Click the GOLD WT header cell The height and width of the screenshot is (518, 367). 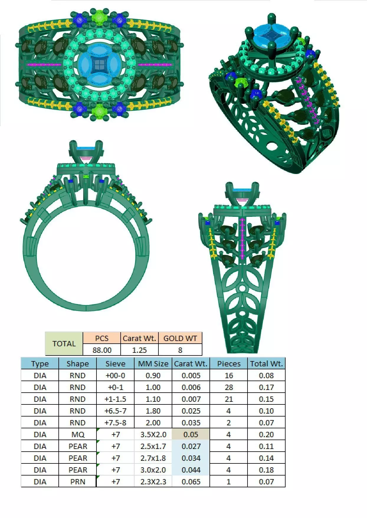coord(180,338)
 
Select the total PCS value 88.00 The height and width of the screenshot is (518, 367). coord(102,350)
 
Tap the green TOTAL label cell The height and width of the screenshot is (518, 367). coord(64,344)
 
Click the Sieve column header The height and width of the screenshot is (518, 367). coord(115,364)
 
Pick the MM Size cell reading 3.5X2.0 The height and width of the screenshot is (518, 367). coord(153,435)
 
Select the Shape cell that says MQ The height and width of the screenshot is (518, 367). coord(78,435)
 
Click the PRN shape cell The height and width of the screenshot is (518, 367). coord(78,482)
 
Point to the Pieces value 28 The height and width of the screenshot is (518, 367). coord(229,387)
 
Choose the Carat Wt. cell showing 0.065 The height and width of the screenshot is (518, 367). coord(191,482)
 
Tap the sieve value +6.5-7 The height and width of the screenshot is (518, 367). coord(115,411)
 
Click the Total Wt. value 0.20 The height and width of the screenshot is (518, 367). coord(266,435)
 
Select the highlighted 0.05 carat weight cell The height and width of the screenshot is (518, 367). coord(191,435)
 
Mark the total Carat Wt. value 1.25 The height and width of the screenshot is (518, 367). coord(139,350)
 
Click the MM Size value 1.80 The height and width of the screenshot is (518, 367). coord(153,411)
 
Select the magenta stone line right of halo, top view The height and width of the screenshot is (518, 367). coord(155,64)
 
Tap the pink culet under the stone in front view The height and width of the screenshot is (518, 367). coord(86,159)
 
